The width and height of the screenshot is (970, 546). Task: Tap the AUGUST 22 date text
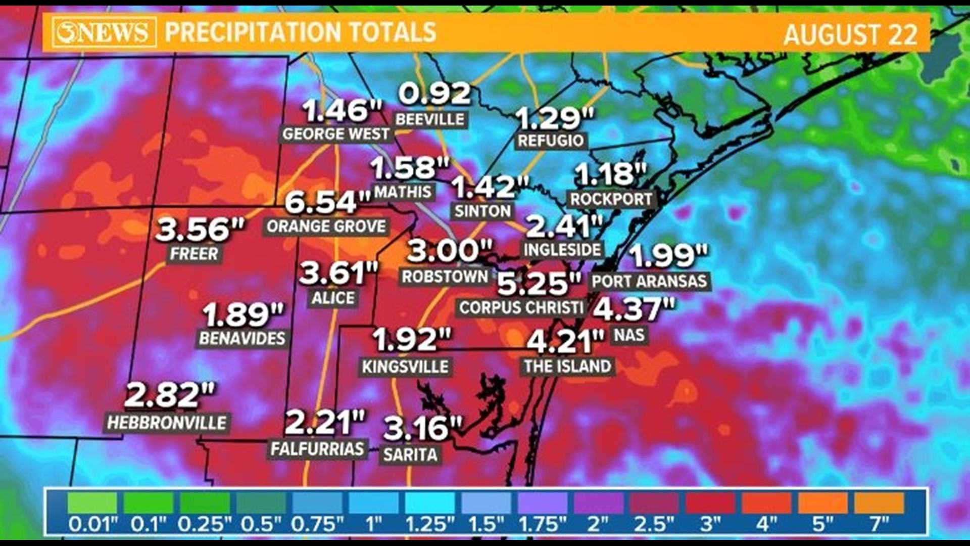click(x=850, y=35)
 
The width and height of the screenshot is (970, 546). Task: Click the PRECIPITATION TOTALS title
click(x=301, y=32)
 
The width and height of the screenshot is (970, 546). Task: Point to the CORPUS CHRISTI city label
click(x=521, y=307)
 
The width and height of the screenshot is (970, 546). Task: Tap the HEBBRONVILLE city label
click(x=167, y=423)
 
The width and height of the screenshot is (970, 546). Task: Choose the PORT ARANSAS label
click(x=649, y=281)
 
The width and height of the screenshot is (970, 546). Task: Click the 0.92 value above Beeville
click(x=434, y=94)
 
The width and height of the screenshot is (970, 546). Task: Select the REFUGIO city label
click(x=551, y=141)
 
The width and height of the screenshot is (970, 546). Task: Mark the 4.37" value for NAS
click(x=634, y=309)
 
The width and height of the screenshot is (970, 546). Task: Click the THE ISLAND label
click(x=567, y=366)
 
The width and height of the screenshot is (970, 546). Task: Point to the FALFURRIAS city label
click(x=317, y=448)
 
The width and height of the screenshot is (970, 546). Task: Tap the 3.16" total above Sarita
click(x=422, y=428)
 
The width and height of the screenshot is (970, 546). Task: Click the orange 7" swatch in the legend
click(x=879, y=504)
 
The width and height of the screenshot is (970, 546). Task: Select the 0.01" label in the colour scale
click(x=92, y=524)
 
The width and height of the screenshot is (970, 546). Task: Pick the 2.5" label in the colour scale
click(x=654, y=524)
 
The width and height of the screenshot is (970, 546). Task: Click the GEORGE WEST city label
click(x=336, y=134)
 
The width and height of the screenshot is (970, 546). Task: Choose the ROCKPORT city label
click(x=611, y=199)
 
